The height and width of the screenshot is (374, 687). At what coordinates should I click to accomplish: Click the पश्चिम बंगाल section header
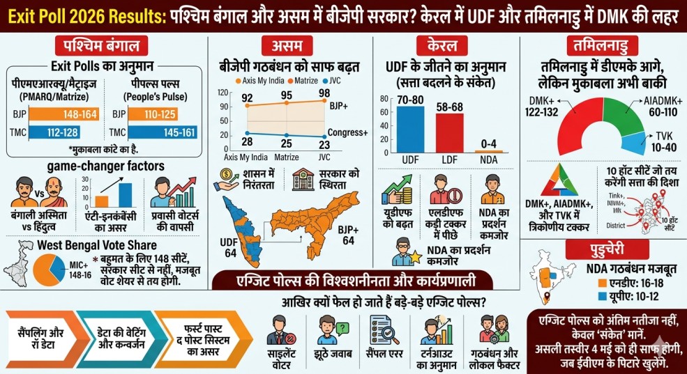click(x=105, y=47)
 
